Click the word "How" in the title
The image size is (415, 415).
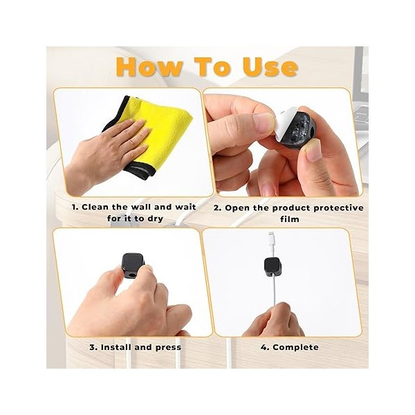[149, 67]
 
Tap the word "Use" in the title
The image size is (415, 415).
[270, 67]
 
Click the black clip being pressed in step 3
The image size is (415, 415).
[132, 265]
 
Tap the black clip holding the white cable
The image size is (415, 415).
[273, 267]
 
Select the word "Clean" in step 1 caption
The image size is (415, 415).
[95, 207]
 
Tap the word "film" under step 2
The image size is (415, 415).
[290, 219]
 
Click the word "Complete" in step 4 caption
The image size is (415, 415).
[295, 347]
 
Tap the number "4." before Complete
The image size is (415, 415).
[265, 347]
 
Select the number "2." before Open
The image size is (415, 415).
[218, 208]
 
